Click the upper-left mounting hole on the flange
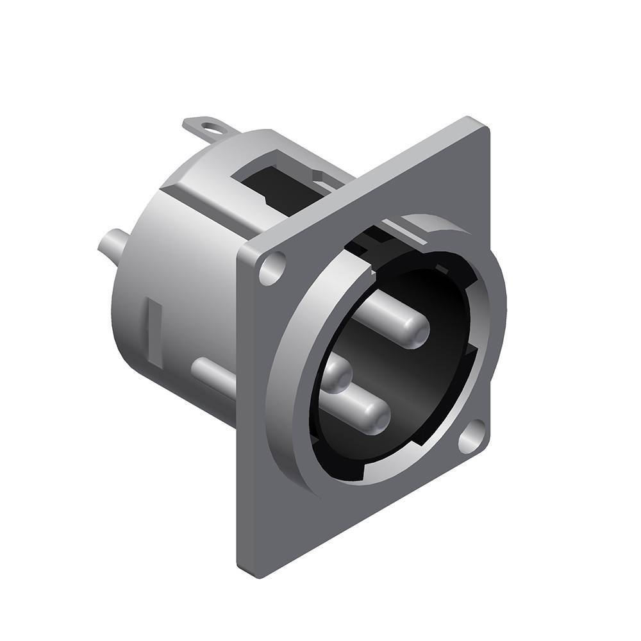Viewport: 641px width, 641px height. click(271, 267)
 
